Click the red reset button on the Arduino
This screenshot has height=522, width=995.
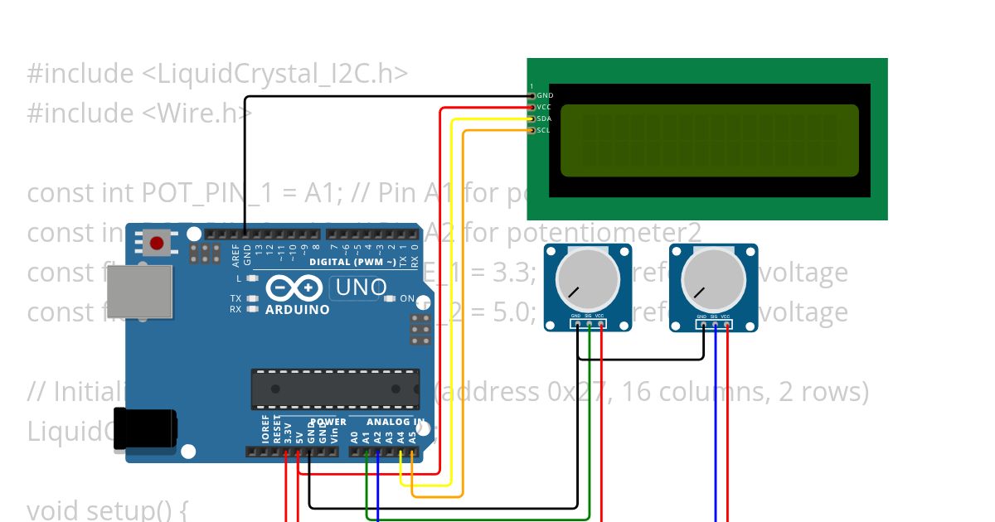[156, 244]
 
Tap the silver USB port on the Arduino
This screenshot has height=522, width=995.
[139, 291]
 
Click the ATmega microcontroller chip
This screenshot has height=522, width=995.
[334, 389]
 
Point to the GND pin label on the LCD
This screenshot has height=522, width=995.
[545, 96]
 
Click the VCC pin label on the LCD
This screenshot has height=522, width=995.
[544, 107]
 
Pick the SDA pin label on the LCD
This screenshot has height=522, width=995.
[544, 118]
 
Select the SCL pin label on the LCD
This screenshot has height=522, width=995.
[544, 130]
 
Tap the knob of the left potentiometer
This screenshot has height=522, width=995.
[587, 279]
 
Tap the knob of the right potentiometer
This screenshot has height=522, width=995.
[713, 279]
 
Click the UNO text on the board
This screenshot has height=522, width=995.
[358, 288]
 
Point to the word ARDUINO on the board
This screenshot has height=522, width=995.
[297, 310]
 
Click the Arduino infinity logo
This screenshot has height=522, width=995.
[294, 288]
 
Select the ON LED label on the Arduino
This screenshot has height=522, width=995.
[407, 298]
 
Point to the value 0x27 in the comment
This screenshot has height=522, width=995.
[577, 391]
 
